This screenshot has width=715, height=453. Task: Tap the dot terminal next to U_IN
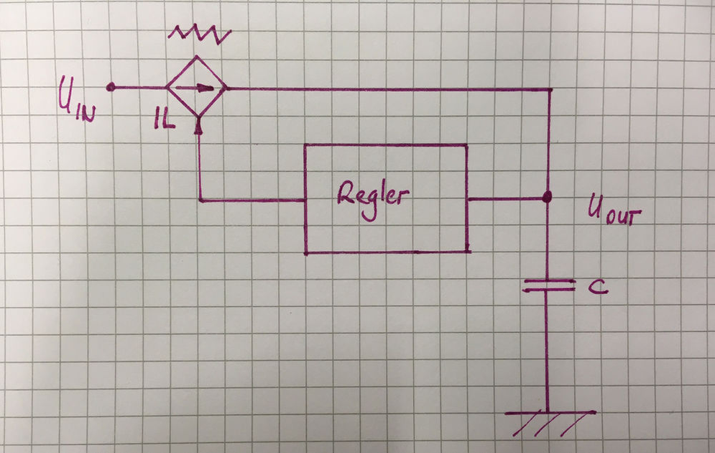click(x=110, y=87)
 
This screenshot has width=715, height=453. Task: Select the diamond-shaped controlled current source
click(x=196, y=88)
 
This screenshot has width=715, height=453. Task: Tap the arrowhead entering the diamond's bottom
click(x=198, y=126)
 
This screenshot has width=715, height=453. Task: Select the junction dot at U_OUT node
click(x=547, y=197)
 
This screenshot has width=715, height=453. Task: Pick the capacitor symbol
click(x=548, y=285)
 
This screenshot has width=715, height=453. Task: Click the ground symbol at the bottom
click(x=550, y=421)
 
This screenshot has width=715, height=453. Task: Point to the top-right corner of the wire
click(x=550, y=90)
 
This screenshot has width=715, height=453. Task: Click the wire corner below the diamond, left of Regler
click(x=199, y=200)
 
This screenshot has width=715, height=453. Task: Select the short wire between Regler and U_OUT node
click(x=507, y=198)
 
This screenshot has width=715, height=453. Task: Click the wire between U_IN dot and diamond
click(x=139, y=88)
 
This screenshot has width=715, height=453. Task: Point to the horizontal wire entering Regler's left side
click(x=252, y=200)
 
